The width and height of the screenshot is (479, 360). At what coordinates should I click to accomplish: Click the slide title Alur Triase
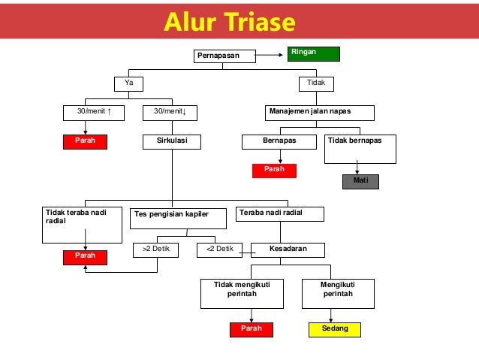230,23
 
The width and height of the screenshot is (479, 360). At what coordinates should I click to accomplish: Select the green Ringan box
313,53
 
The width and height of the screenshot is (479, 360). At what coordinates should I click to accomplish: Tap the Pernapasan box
224,56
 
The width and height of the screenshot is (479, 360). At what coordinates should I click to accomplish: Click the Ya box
128,83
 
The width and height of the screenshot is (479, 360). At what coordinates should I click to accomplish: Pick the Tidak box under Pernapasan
316,83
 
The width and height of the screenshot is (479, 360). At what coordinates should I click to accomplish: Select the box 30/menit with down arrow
170,113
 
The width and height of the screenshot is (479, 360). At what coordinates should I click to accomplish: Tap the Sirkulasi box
171,141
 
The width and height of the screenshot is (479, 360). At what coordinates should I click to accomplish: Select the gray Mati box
360,181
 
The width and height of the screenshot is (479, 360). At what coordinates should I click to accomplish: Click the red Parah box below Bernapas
274,171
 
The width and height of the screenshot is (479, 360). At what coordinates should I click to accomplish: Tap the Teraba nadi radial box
280,214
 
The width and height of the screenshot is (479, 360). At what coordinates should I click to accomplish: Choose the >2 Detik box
155,249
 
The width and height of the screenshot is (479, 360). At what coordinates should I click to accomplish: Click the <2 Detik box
219,249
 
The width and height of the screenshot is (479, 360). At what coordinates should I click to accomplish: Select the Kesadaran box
288,249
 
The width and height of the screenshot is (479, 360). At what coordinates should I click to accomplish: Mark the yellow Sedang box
334,329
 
